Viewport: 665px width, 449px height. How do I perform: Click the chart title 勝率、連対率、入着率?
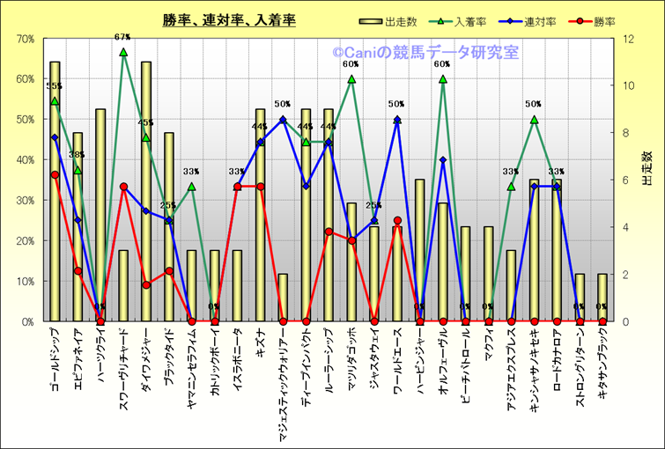(228, 20)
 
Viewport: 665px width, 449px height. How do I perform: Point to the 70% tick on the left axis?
(24, 39)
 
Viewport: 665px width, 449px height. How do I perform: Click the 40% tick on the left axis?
(24, 160)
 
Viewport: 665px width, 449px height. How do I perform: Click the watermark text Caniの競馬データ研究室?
(425, 52)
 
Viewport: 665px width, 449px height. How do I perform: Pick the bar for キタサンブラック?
(602, 299)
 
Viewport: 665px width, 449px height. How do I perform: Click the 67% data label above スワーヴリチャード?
(122, 37)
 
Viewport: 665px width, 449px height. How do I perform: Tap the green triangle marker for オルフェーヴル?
(443, 79)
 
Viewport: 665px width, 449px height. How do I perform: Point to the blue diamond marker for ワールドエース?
(397, 120)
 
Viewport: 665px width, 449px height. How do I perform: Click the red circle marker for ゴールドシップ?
(55, 175)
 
